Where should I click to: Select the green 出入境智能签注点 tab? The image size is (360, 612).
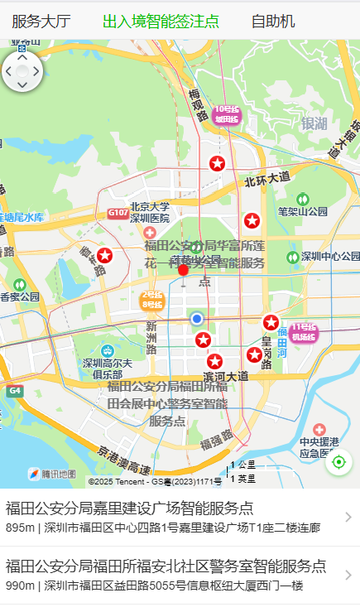click(x=161, y=22)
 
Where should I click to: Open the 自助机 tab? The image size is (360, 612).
click(x=273, y=22)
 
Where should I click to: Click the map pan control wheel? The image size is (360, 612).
click(x=22, y=72)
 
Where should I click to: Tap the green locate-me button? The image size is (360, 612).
click(x=338, y=462)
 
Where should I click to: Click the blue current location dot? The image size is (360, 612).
click(x=196, y=319)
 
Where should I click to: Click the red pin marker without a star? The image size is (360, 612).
click(x=183, y=269)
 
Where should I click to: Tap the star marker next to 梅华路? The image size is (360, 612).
click(x=104, y=256)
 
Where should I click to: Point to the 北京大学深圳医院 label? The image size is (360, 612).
click(x=149, y=213)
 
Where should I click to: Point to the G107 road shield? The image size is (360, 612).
click(x=118, y=214)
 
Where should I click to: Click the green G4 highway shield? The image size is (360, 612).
click(x=15, y=389)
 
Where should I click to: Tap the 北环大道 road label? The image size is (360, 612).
click(x=267, y=177)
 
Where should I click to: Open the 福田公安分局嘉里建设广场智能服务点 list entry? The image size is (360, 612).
click(x=166, y=517)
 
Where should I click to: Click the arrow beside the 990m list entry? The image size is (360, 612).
click(x=348, y=575)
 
